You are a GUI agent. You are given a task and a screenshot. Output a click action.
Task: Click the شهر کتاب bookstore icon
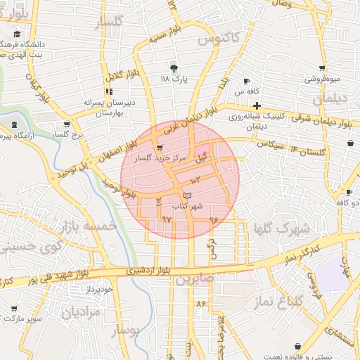(x=186, y=194)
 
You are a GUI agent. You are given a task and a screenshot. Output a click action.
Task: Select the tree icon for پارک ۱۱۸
(x=172, y=68)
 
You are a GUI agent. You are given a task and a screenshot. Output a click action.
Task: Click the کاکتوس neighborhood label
(x=219, y=35)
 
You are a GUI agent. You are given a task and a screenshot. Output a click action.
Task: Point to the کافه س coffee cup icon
(x=246, y=81)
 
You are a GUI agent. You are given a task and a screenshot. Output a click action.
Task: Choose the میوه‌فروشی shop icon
(x=321, y=68)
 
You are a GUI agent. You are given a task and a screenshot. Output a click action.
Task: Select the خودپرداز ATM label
(x=96, y=290)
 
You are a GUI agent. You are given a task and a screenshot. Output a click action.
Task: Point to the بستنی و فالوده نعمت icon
(x=299, y=347)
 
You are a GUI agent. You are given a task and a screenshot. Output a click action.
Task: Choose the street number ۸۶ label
(x=200, y=304)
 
